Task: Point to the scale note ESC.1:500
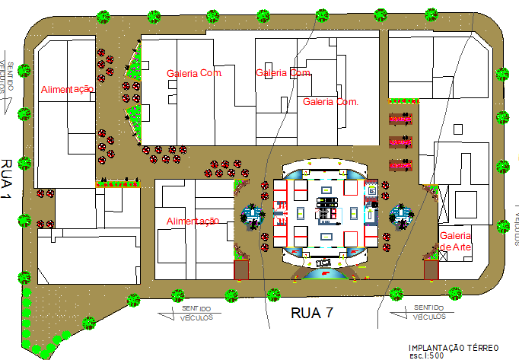[425, 355]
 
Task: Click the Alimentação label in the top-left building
[67, 89]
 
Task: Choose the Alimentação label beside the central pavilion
[193, 221]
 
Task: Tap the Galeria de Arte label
[456, 241]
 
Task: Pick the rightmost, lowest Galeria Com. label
[330, 101]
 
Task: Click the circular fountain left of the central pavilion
[252, 215]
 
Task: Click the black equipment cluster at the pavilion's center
[328, 208]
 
